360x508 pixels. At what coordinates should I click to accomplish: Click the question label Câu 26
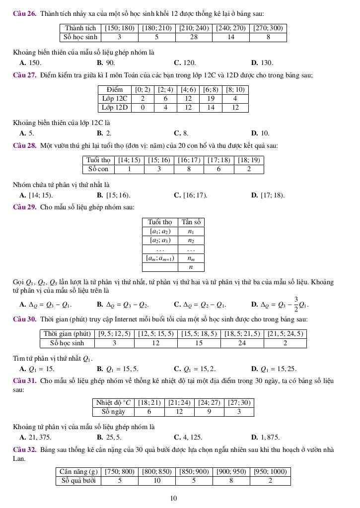pyautogui.click(x=25, y=13)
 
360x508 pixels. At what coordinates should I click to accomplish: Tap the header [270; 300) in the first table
pyautogui.click(x=268, y=28)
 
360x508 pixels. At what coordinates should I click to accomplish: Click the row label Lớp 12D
pyautogui.click(x=115, y=107)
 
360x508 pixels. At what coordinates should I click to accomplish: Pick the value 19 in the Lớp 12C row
pyautogui.click(x=211, y=98)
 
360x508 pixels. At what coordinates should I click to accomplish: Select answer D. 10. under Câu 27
pyautogui.click(x=260, y=133)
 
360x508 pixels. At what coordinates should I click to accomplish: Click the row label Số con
pyautogui.click(x=98, y=169)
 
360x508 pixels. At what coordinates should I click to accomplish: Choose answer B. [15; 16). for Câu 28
pyautogui.click(x=114, y=195)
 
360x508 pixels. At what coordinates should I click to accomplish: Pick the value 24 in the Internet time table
pyautogui.click(x=242, y=343)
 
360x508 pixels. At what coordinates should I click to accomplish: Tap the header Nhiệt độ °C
pyautogui.click(x=113, y=402)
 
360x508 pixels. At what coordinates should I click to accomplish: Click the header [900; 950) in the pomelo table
pyautogui.click(x=231, y=471)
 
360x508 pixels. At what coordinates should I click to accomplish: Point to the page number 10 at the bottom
pyautogui.click(x=173, y=498)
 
